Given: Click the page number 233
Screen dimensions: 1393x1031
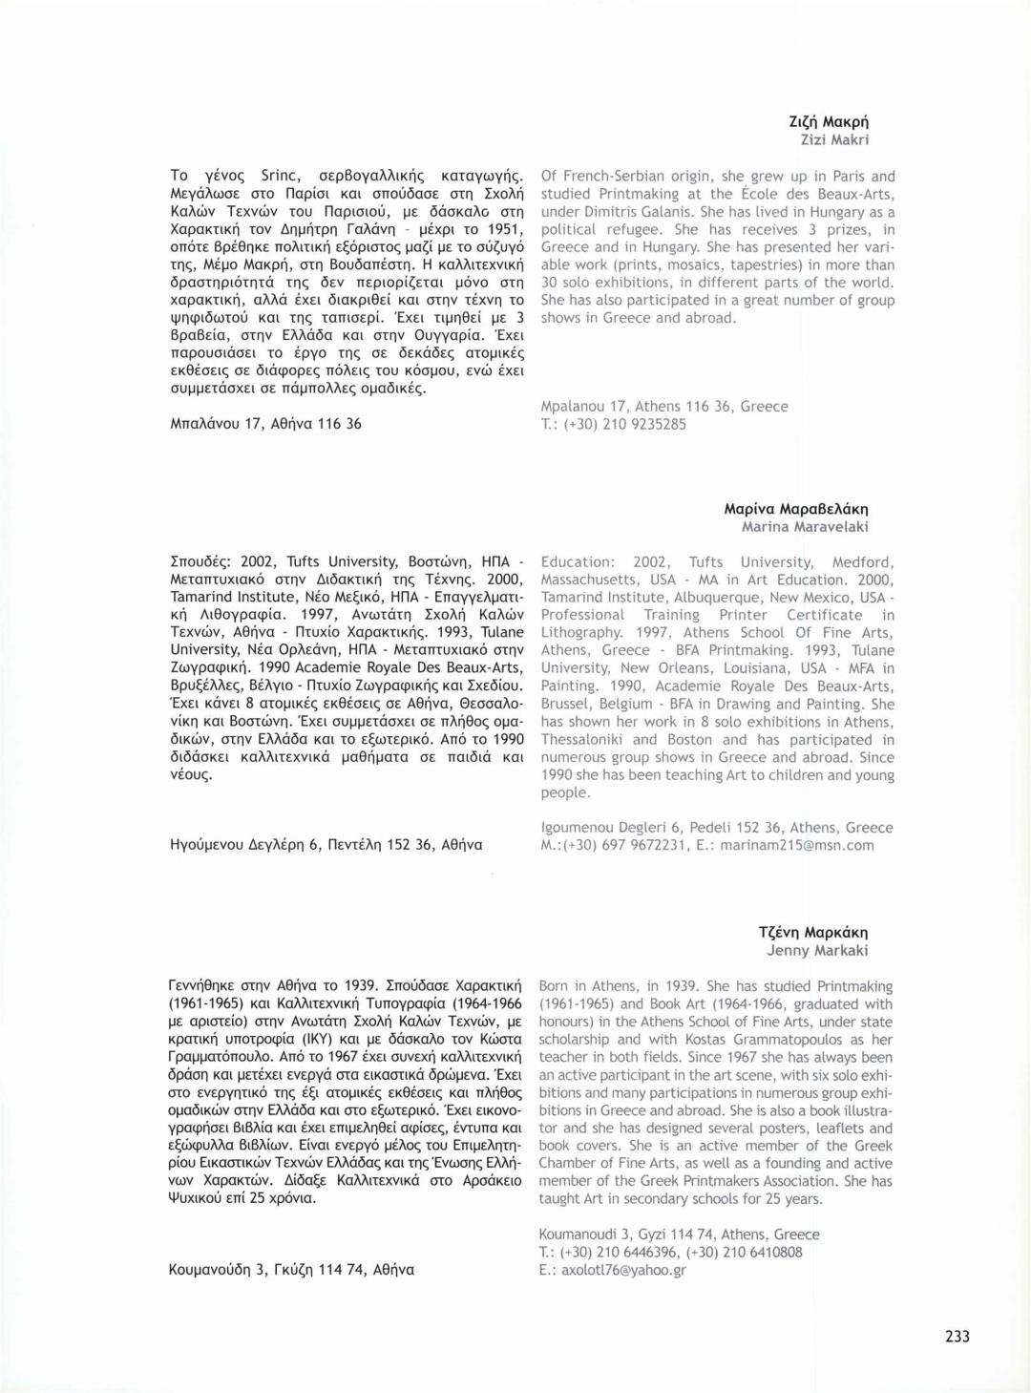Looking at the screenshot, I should pyautogui.click(x=957, y=1337).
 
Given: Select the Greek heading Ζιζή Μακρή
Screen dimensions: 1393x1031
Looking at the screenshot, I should pyautogui.click(x=828, y=121).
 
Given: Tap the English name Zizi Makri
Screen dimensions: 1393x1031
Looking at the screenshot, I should pyautogui.click(x=833, y=139).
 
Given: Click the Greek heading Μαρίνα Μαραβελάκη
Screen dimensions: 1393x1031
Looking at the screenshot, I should pyautogui.click(x=795, y=509).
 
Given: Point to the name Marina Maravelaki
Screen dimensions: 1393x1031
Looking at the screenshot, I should pyautogui.click(x=805, y=527).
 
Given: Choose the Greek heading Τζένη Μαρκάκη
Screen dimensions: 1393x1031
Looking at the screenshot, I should pyautogui.click(x=812, y=932).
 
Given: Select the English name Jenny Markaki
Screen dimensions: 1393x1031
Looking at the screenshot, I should pyautogui.click(x=817, y=950).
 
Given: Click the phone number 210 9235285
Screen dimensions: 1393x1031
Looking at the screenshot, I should pyautogui.click(x=643, y=425).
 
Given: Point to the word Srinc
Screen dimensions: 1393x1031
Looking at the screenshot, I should pyautogui.click(x=280, y=176).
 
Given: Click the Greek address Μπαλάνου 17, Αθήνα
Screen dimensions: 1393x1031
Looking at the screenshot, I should pyautogui.click(x=265, y=424).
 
